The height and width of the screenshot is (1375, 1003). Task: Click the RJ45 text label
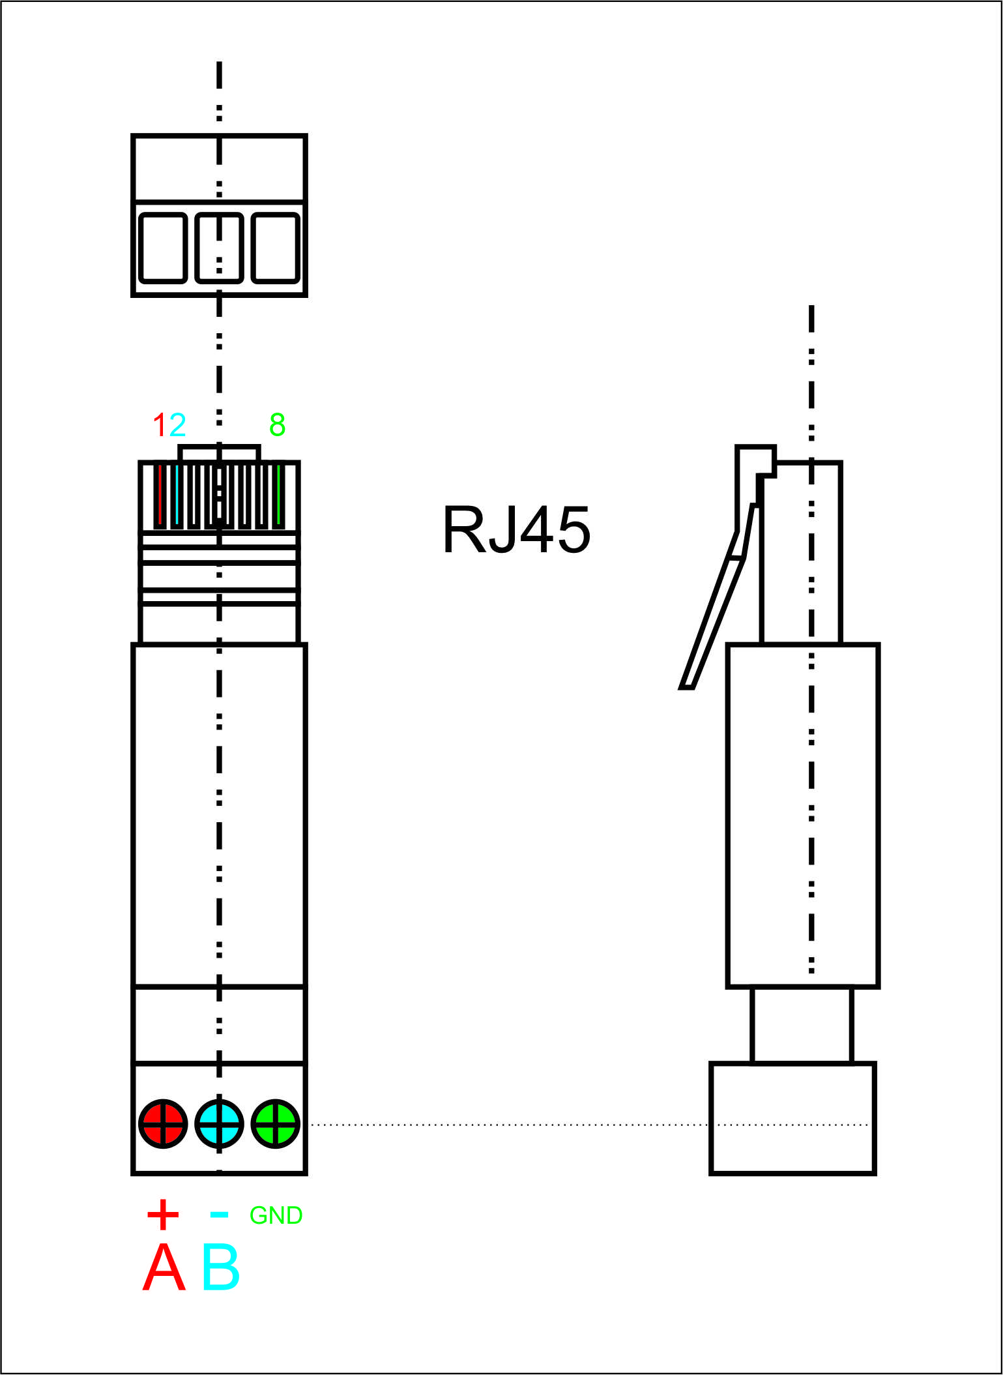coord(516,530)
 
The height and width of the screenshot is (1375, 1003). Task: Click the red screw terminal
coord(163,1124)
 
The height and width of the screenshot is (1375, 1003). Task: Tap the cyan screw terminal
coord(220,1124)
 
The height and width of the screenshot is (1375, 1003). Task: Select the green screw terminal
coord(276,1124)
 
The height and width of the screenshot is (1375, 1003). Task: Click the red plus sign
coord(163,1215)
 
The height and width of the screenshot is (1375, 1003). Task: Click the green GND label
coord(276,1215)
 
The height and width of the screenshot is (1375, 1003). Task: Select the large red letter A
coord(164,1268)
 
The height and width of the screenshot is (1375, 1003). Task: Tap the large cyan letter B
coord(221,1268)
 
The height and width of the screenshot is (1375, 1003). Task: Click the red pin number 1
coord(160,426)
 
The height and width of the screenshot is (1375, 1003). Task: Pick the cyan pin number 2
coord(177,426)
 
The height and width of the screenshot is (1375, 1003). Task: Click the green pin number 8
coord(277,426)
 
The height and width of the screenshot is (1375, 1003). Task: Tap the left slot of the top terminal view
coord(163,248)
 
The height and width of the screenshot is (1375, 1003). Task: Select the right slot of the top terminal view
coord(276,248)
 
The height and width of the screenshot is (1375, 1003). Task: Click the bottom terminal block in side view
coord(792,1119)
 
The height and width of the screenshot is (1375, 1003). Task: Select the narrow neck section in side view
coord(802,1025)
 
